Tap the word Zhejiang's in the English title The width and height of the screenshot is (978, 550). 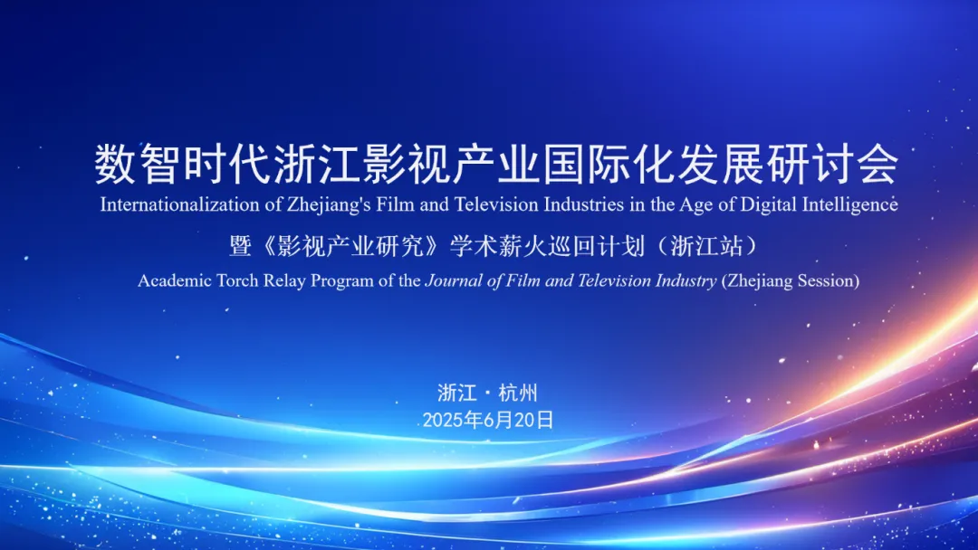tap(328, 205)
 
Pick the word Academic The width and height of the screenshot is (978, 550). tap(175, 280)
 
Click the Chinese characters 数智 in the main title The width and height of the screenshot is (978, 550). tap(139, 165)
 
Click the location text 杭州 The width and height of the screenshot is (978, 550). tap(518, 393)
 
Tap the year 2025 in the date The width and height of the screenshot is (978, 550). tap(444, 421)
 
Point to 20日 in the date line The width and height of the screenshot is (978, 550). tap(534, 421)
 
